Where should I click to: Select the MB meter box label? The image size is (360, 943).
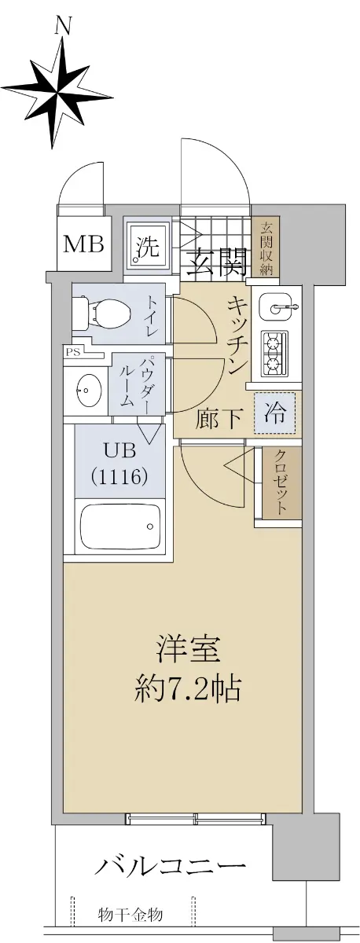[83, 244]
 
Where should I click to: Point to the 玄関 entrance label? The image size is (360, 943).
[216, 262]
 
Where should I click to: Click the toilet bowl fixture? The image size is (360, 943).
[101, 314]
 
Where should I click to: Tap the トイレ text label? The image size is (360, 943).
[152, 316]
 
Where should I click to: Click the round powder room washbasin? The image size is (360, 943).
[86, 390]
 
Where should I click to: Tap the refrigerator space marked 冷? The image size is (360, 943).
[274, 413]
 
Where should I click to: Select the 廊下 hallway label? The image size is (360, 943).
[218, 418]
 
